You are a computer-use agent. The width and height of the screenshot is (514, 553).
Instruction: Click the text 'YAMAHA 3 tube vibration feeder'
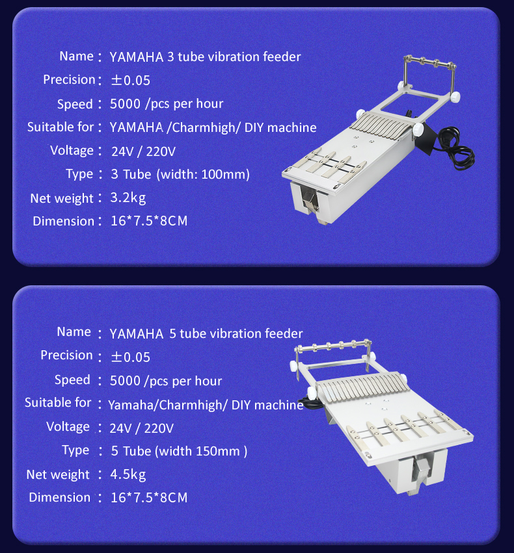pos(205,57)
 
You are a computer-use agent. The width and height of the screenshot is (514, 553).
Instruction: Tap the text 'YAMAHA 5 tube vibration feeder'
pos(206,334)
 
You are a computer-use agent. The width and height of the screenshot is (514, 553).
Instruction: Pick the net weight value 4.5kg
pos(128,474)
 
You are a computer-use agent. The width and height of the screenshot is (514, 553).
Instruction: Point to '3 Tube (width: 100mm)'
pos(180,174)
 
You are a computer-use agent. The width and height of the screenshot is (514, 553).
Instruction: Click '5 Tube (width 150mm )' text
pos(179,450)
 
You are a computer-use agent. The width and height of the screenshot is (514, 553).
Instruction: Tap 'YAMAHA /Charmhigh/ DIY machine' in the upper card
pos(213,127)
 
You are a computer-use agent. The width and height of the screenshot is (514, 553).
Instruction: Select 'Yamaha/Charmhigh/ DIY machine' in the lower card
pos(206,405)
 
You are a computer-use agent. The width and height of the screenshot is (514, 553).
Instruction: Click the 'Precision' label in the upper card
pos(69,79)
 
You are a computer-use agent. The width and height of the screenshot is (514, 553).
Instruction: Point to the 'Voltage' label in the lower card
pos(68,426)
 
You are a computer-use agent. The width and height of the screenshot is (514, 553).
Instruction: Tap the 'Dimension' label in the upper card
pos(63,221)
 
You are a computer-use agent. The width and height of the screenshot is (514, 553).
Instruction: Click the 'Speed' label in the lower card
pos(72,379)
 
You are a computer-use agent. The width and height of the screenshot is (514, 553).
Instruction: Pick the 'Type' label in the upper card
pos(79,174)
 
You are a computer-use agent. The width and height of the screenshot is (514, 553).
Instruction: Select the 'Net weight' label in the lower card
pos(58,474)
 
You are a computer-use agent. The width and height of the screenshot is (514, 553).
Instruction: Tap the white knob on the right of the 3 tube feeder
pos(457,97)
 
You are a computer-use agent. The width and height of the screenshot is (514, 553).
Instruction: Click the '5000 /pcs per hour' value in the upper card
pos(167,103)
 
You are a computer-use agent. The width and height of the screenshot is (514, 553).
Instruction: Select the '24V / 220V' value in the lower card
pos(142,428)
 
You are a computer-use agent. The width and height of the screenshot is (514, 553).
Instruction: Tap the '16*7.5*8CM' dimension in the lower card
pos(149,498)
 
